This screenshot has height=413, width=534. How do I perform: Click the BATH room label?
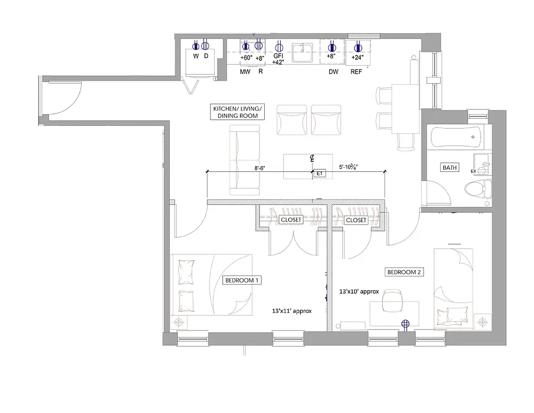pyautogui.click(x=449, y=168)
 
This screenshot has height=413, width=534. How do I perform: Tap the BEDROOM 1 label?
pyautogui.click(x=242, y=280)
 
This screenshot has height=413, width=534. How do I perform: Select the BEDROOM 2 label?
pyautogui.click(x=405, y=272)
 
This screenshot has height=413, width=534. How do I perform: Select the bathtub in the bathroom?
pyautogui.click(x=457, y=138)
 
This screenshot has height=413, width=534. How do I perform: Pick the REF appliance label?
pyautogui.click(x=356, y=72)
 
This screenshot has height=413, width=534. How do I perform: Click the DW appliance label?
pyautogui.click(x=333, y=72)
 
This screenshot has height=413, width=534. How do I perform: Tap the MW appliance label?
pyautogui.click(x=245, y=72)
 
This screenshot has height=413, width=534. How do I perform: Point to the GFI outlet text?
pyautogui.click(x=279, y=56)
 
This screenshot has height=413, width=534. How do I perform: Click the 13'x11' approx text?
pyautogui.click(x=292, y=311)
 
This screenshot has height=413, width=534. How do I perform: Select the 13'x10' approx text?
pyautogui.click(x=359, y=292)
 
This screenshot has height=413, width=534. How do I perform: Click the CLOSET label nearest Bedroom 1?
pyautogui.click(x=290, y=220)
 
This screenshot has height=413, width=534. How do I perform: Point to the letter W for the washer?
pyautogui.click(x=196, y=56)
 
